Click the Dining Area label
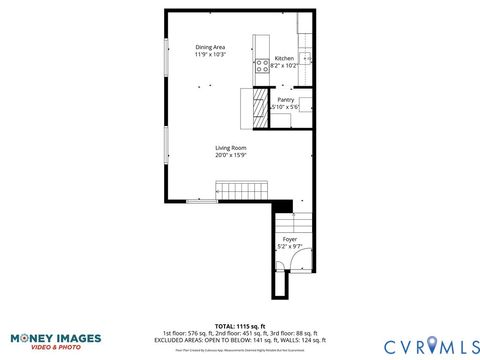coord(210,47)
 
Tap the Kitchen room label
coord(284,58)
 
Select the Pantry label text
coord(285,100)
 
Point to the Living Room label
coord(231,148)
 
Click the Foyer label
coord(289,239)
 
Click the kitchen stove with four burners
coord(262,67)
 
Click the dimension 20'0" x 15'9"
coord(231,155)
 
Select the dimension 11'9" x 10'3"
coord(210,54)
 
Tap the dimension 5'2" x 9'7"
coord(289,246)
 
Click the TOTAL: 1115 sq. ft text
coord(239,326)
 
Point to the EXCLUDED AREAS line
coord(239,340)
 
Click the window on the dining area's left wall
coord(165,60)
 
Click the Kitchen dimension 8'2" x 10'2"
coord(284,65)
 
